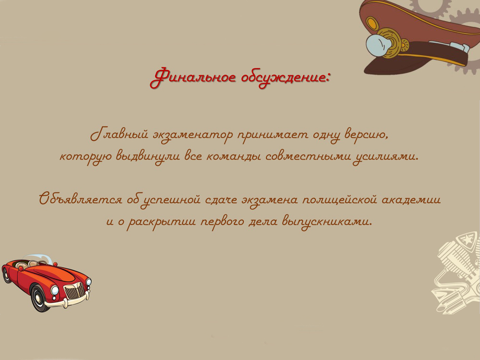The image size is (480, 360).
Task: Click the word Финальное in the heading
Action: (193, 77)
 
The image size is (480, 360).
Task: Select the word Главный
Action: (120, 134)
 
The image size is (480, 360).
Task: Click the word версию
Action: (366, 135)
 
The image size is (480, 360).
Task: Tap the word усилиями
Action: (386, 157)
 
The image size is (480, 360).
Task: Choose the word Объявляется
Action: (81, 199)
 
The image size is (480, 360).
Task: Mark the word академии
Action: (411, 200)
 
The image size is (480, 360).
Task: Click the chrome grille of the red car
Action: (74, 291)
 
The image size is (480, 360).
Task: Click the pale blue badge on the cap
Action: (378, 45)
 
